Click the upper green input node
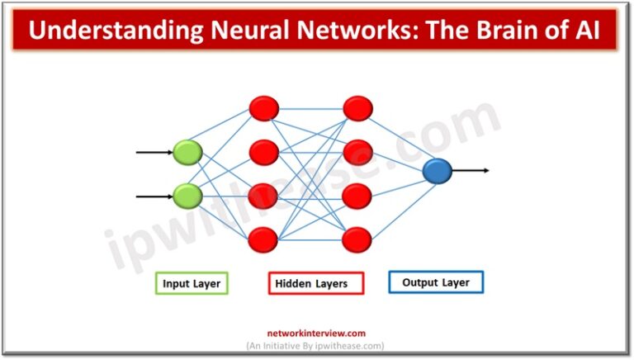pyautogui.click(x=187, y=152)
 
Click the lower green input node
pyautogui.click(x=187, y=196)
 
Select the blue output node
pyautogui.click(x=437, y=171)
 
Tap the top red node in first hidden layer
pyautogui.click(x=263, y=108)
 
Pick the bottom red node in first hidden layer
pyautogui.click(x=263, y=239)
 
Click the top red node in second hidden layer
pyautogui.click(x=357, y=108)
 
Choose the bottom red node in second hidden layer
pyautogui.click(x=357, y=239)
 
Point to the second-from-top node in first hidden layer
pyautogui.click(x=263, y=152)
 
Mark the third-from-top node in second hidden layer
pyautogui.click(x=357, y=196)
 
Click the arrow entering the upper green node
pyautogui.click(x=154, y=153)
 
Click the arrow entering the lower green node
pyautogui.click(x=154, y=197)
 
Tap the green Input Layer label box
pyautogui.click(x=192, y=283)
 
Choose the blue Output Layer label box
pyautogui.click(x=435, y=282)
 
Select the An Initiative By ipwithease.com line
pyautogui.click(x=315, y=345)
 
